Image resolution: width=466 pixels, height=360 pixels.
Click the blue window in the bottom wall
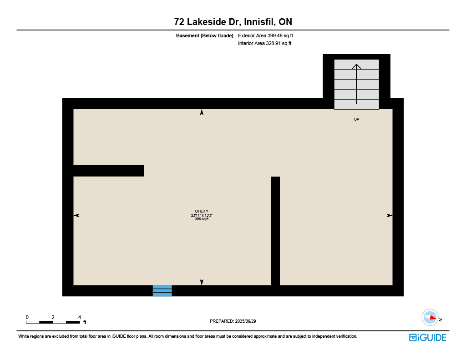162,291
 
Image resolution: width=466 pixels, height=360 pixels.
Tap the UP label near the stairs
357,119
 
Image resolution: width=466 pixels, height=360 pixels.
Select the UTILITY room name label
202,211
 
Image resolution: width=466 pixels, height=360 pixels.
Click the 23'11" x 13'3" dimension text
202,215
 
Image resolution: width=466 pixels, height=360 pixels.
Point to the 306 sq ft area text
202,219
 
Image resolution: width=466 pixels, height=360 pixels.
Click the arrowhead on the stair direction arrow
357,66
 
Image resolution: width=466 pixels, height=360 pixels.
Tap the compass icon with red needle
430,318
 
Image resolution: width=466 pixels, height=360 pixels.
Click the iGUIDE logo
428,337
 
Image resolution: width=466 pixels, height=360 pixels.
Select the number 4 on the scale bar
79,317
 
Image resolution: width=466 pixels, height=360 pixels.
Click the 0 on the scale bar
27,317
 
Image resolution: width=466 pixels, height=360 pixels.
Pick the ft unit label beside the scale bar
85,322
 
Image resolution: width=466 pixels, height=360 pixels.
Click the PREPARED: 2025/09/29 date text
233,321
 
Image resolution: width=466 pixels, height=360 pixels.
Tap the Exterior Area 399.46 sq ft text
265,35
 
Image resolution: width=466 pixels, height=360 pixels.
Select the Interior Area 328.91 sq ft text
264,43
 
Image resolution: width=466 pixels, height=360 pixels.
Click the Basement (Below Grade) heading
204,35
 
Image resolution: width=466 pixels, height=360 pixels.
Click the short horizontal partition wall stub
109,171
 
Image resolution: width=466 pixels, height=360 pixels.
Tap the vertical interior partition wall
275,231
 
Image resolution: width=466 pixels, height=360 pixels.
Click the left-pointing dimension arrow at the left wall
76,215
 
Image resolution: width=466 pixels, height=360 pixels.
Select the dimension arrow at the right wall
390,215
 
